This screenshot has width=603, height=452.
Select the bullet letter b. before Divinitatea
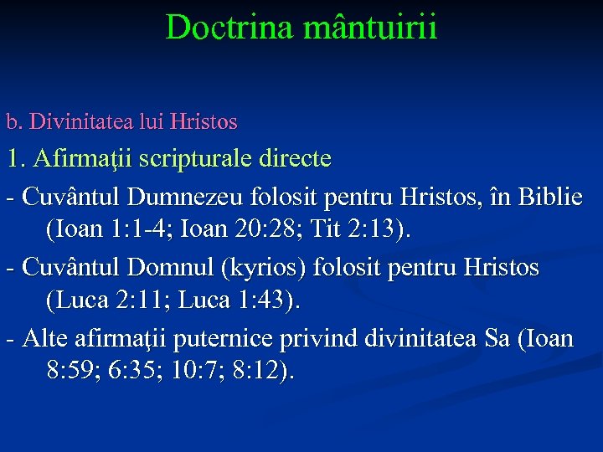tap(14, 122)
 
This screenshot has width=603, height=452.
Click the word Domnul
tap(173, 269)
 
